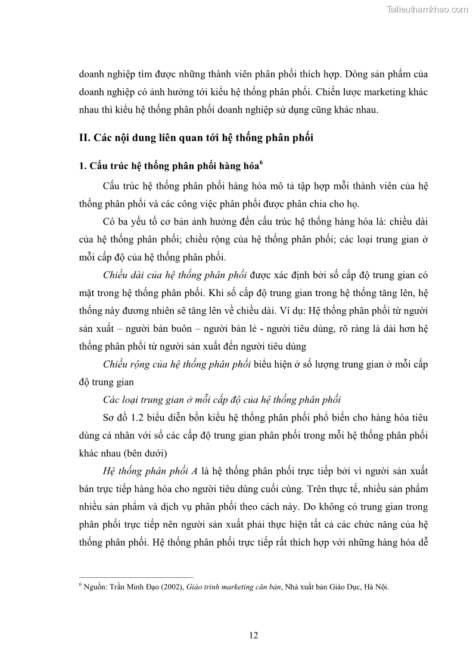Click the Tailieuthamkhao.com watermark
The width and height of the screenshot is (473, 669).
pos(427,9)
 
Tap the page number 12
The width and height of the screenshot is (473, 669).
pos(253,635)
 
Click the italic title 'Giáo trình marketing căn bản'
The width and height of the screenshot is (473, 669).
pos(234,587)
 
